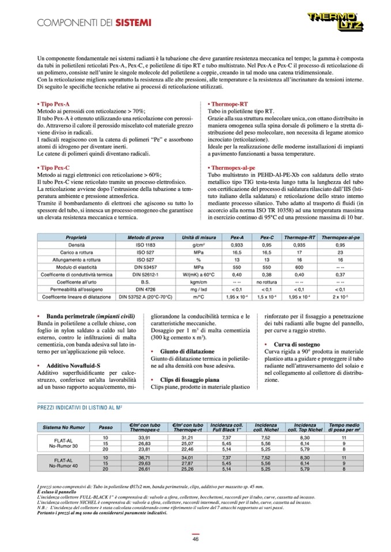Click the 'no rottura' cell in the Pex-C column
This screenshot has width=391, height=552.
(x=267, y=282)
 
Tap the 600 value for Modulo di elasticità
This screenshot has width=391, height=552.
(x=299, y=267)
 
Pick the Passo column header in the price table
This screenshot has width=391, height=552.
(x=106, y=428)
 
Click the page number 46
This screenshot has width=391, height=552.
(x=195, y=538)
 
